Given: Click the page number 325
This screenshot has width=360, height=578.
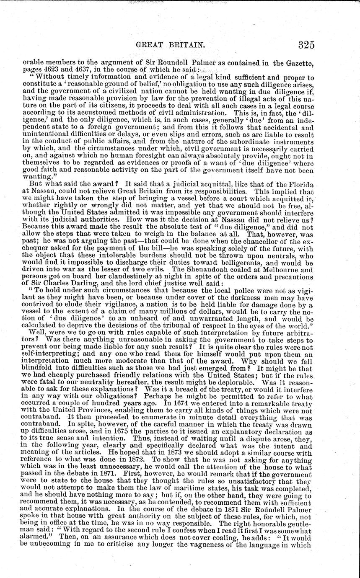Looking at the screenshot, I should [303, 44].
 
